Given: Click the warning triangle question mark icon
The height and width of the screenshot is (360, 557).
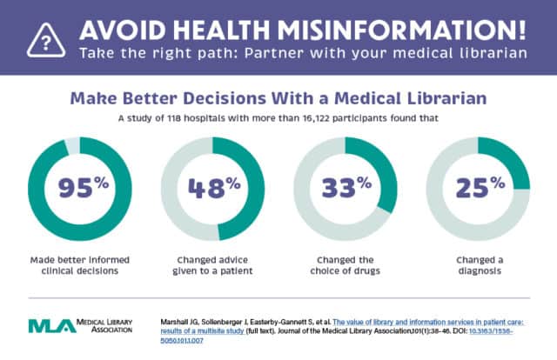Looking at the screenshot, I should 42,37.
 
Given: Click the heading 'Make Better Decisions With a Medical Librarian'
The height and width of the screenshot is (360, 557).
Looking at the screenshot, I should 278,98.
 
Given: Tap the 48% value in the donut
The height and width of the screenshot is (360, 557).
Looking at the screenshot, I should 212,187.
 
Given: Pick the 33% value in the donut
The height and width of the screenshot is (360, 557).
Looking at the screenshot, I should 345,187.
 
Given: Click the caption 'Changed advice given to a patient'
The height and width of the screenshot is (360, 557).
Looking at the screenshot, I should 212,265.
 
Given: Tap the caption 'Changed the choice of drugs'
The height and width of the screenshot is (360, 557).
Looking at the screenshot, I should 345,265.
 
